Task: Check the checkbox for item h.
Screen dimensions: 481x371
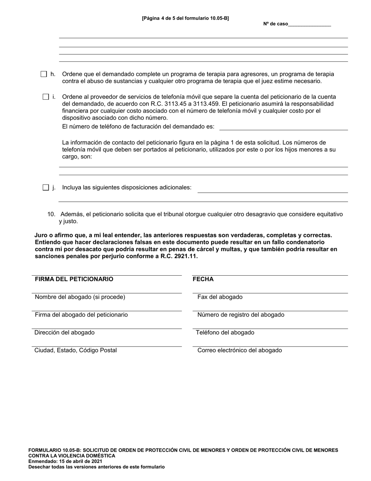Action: point(44,74)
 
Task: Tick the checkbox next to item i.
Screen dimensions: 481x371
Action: point(46,97)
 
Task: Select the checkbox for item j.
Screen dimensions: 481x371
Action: point(46,187)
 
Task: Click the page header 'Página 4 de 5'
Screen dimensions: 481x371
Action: point(185,18)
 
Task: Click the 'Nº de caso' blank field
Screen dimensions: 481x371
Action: point(310,24)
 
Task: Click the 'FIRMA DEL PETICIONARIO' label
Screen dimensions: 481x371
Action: point(74,279)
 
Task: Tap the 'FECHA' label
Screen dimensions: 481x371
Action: point(203,279)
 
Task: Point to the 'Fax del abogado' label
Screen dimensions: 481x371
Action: point(220,297)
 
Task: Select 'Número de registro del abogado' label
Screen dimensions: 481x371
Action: point(241,315)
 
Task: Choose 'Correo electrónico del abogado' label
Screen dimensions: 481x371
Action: point(239,350)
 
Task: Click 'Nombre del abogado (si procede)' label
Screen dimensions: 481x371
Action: point(80,297)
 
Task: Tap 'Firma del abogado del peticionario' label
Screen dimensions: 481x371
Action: point(81,315)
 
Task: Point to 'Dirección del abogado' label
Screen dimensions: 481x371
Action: point(64,332)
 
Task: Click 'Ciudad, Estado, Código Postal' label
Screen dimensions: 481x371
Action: point(76,350)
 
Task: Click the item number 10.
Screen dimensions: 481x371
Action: point(51,214)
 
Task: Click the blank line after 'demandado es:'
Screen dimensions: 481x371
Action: point(284,127)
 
